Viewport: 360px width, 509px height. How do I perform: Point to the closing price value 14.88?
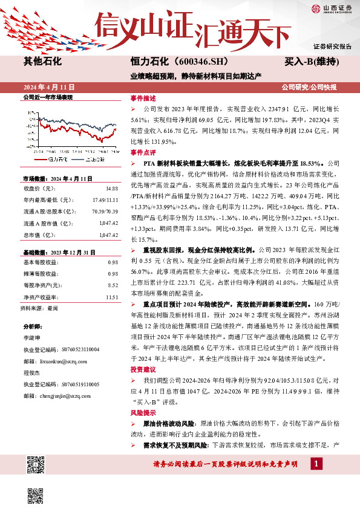[x=111, y=189]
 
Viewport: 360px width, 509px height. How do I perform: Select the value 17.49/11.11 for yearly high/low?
[x=105, y=199]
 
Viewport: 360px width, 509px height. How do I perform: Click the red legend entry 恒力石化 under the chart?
[x=57, y=159]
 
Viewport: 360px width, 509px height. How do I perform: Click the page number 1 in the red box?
[x=316, y=464]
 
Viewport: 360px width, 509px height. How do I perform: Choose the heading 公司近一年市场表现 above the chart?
[x=47, y=97]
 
